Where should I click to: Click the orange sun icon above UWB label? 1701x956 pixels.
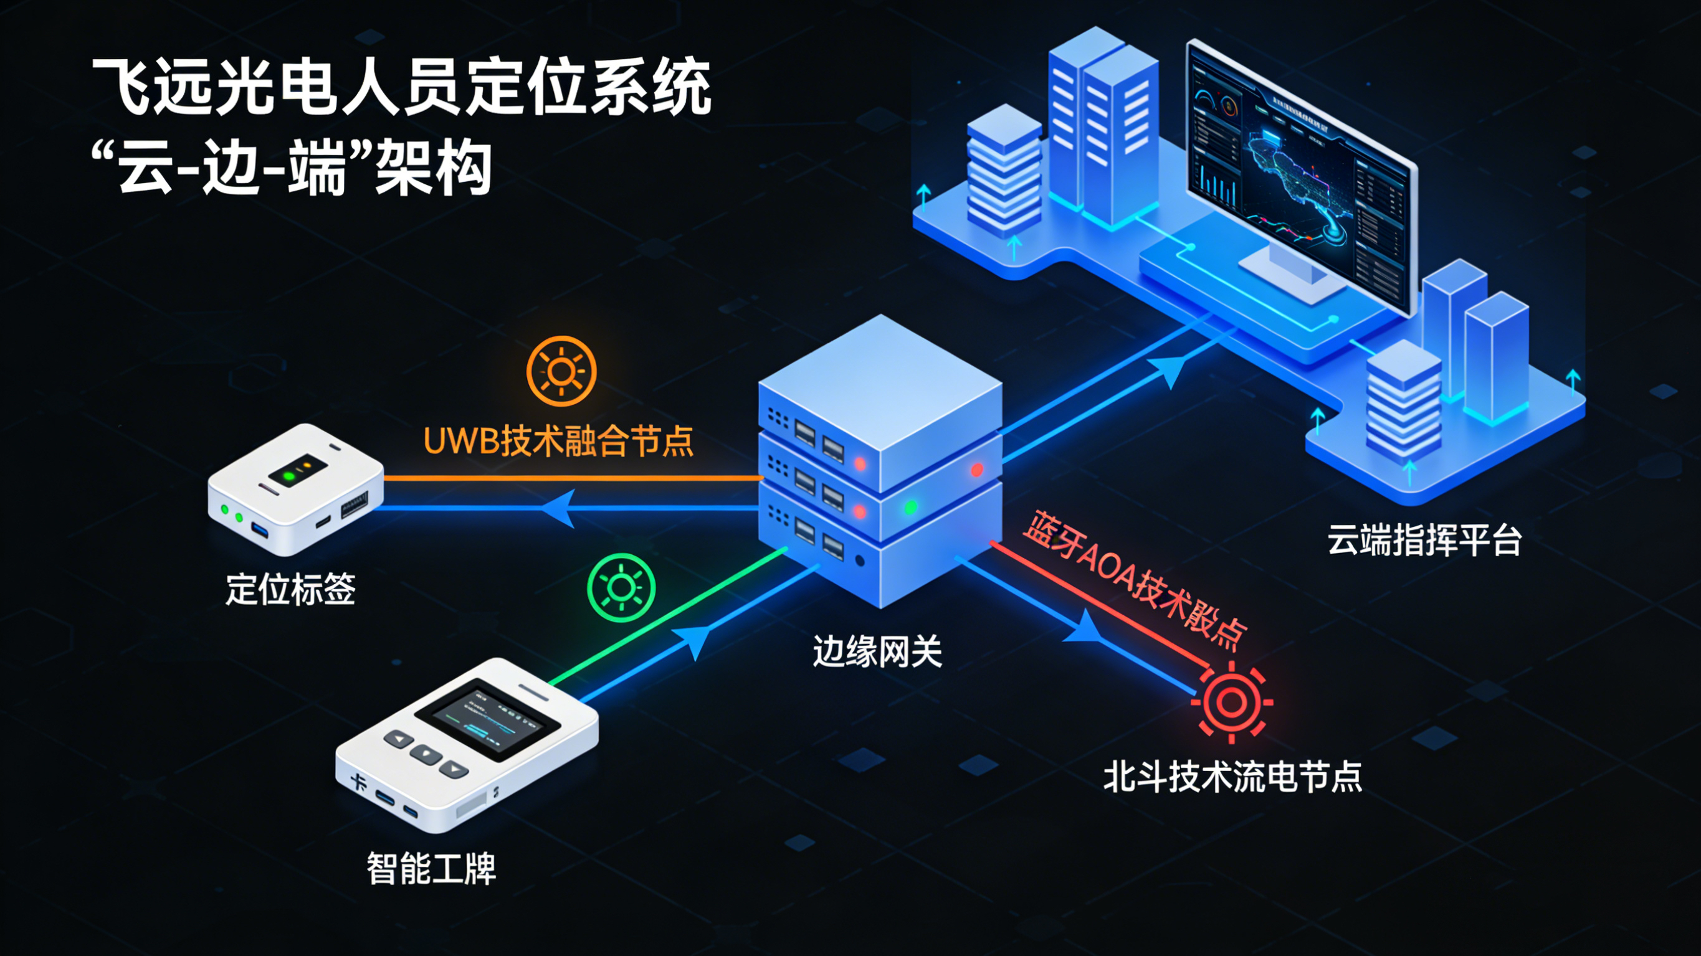(561, 371)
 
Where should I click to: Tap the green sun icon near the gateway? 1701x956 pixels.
(621, 587)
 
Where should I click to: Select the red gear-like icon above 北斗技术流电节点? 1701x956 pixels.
(1231, 702)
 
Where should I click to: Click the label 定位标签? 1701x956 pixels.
(290, 589)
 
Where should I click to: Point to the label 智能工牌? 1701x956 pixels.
(431, 868)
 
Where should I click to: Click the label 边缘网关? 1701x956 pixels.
(877, 651)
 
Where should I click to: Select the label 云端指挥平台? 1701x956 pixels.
(1424, 540)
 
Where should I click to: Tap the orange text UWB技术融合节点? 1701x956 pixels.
(558, 441)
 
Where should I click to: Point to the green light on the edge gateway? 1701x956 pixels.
(910, 507)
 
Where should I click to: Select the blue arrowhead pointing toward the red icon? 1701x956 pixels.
(1083, 627)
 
